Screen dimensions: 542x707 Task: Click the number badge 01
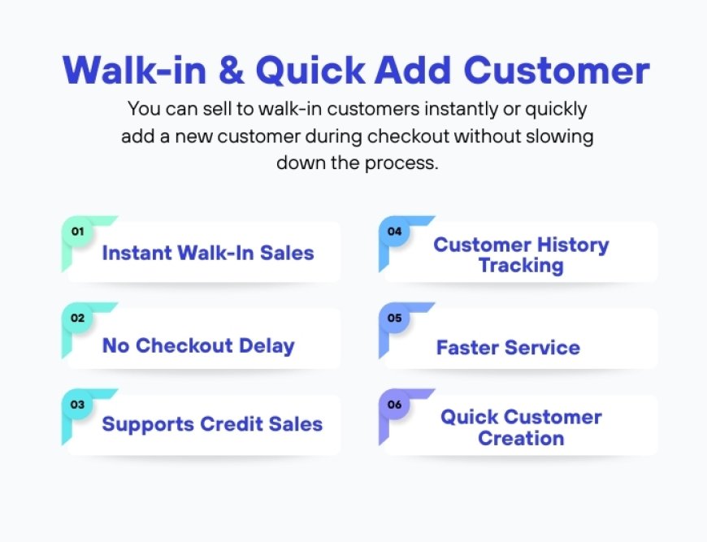pos(78,232)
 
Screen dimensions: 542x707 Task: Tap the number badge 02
pos(78,318)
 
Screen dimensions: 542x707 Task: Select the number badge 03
pos(78,404)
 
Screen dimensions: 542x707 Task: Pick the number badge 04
pos(395,232)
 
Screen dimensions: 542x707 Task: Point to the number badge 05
pos(395,318)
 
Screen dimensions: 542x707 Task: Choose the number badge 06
pos(395,404)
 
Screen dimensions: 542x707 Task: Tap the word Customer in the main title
pos(557,72)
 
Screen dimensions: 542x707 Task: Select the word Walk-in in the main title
pos(132,72)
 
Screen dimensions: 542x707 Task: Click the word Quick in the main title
pos(310,72)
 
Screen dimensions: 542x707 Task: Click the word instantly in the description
pos(455,108)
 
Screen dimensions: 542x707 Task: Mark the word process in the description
pos(406,163)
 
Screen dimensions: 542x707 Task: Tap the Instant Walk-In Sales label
pos(208,253)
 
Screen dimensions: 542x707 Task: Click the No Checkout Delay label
pos(198,345)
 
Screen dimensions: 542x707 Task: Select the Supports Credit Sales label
pos(212,424)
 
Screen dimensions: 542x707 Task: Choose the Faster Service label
pos(508,348)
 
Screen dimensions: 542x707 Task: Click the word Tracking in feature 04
pos(521,266)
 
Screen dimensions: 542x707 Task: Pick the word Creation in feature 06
pos(521,439)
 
